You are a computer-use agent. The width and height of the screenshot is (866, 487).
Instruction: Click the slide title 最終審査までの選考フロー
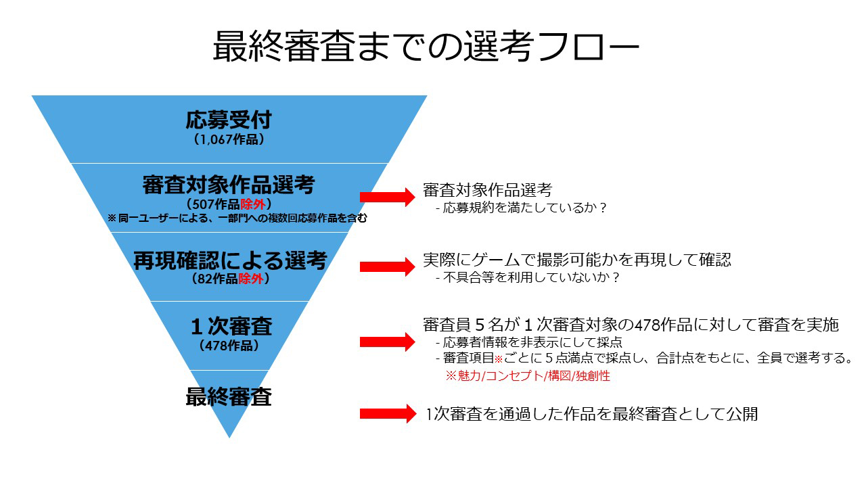(426, 47)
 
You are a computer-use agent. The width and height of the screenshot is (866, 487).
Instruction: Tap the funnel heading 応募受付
(229, 120)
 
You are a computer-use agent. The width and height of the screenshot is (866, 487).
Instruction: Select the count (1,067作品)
(229, 139)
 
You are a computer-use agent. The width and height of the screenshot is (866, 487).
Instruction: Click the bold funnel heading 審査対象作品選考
(229, 185)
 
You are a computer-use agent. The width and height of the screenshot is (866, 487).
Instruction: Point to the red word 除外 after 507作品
(253, 204)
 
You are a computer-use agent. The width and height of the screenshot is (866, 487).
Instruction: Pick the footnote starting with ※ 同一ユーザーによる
(237, 218)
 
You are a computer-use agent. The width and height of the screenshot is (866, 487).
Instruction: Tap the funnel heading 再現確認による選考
(231, 260)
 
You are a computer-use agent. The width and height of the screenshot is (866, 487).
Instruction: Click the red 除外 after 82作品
(251, 279)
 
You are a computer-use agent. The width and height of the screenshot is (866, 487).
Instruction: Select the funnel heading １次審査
(231, 326)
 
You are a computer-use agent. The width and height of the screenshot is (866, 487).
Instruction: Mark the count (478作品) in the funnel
(229, 346)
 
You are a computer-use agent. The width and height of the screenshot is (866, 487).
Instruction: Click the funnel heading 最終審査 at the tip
(229, 396)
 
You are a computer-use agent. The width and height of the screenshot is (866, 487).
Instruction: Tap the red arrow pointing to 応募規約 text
(388, 197)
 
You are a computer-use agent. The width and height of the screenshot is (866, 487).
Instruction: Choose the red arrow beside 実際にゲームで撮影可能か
(388, 266)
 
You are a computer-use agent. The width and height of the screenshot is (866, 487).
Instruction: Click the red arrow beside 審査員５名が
(388, 342)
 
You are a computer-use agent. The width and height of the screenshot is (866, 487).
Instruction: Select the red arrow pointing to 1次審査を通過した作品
(388, 413)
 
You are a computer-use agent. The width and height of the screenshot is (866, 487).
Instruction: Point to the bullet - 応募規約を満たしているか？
(520, 208)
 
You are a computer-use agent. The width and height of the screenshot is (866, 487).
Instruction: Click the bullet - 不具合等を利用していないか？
(527, 277)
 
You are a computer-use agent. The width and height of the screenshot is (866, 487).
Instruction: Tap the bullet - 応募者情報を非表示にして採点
(528, 342)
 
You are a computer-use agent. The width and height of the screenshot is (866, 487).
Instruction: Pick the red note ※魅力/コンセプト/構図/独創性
(528, 375)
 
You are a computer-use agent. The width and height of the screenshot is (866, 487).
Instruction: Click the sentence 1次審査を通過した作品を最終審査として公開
(591, 414)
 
